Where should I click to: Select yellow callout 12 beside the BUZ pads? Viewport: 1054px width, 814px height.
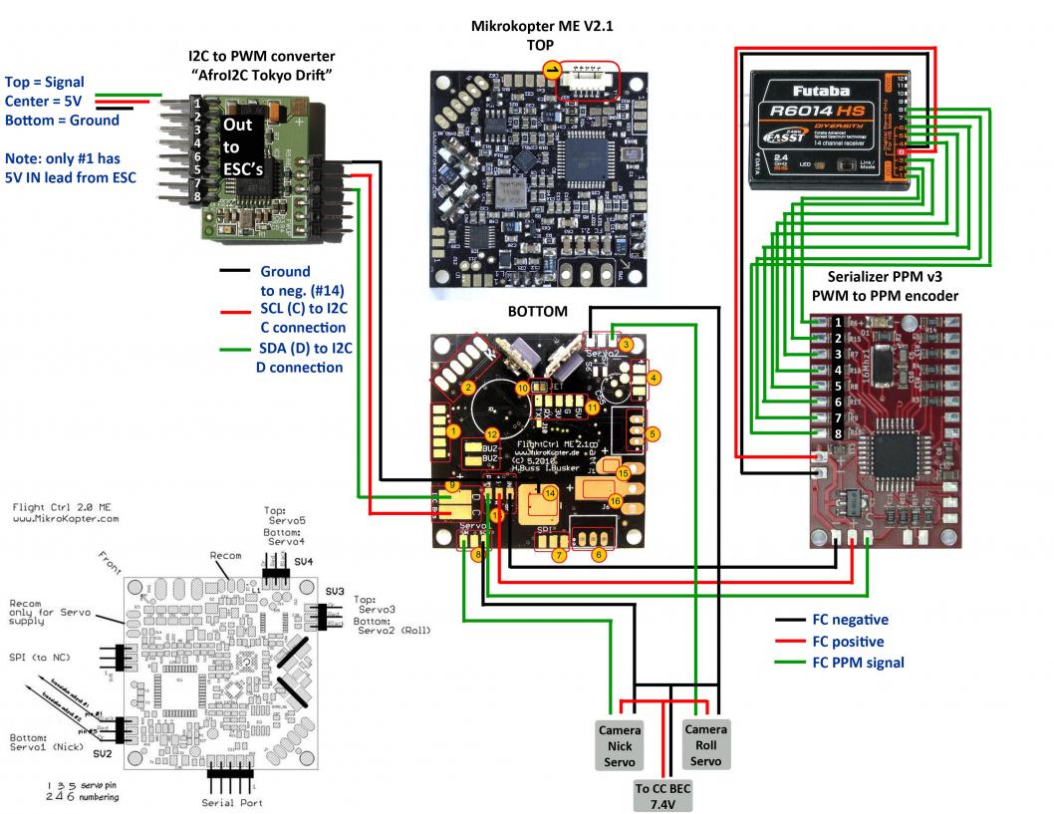pos(491,434)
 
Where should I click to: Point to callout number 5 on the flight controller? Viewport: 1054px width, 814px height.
pos(654,434)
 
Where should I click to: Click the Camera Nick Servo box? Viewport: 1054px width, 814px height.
pos(620,743)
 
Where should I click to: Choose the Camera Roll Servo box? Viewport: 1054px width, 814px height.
pos(705,743)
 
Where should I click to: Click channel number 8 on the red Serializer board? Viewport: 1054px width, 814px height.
pos(839,433)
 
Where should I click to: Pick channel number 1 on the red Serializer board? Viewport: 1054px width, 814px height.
pos(839,322)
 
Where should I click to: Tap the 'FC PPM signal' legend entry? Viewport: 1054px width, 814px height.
pos(858,662)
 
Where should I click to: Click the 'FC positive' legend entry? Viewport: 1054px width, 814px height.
pos(848,642)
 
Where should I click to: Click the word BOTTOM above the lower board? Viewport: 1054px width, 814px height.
pos(537,312)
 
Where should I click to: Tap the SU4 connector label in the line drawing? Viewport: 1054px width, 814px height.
pos(303,562)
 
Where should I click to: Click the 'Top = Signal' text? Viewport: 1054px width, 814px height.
pos(45,82)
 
